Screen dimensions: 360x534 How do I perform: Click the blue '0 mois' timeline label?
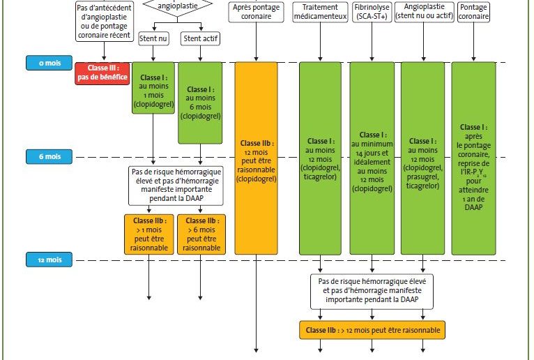[49, 63]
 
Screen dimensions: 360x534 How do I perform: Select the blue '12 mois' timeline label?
[49, 260]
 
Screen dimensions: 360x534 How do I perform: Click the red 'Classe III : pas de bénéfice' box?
[102, 73]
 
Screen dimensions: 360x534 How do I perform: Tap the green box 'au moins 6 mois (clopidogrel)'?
[200, 103]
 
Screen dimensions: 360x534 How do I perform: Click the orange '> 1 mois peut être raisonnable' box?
[149, 233]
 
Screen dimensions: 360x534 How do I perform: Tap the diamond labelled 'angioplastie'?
[176, 6]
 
